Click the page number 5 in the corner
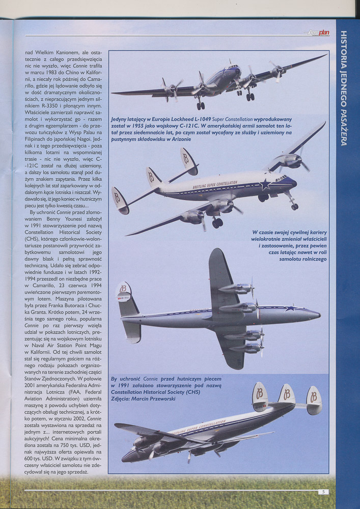(x=323, y=492)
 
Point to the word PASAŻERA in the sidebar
(x=344, y=125)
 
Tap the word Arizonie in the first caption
(x=178, y=139)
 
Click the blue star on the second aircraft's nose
(x=265, y=184)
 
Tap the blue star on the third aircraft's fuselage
(x=290, y=308)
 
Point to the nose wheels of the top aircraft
(x=200, y=106)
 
